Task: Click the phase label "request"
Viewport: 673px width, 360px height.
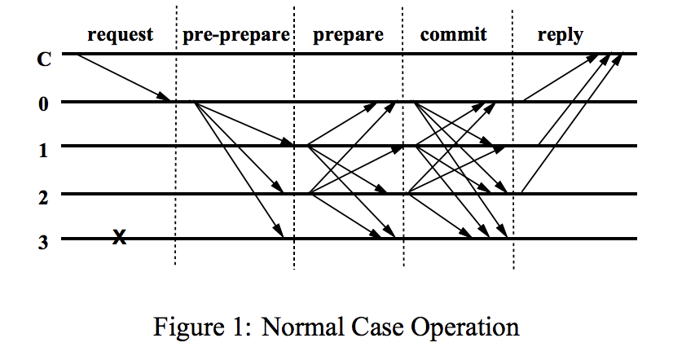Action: tap(120, 34)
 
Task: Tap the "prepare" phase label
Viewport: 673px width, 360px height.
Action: tap(348, 35)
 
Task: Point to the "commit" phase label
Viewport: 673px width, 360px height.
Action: tap(453, 34)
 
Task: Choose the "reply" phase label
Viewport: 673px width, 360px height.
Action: tap(560, 35)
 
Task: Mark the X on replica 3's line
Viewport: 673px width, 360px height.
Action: tap(119, 238)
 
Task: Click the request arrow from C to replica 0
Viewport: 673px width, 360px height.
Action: tap(122, 77)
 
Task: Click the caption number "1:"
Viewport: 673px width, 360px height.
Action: tap(240, 327)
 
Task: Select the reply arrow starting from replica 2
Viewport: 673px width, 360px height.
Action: tap(571, 125)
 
